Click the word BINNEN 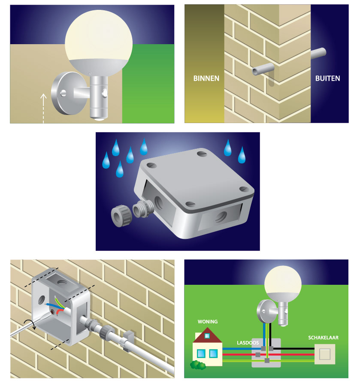206,78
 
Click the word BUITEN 327,78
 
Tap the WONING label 207,322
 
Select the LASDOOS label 248,343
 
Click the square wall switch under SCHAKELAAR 326,354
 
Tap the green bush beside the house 198,365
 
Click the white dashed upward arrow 43,107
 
